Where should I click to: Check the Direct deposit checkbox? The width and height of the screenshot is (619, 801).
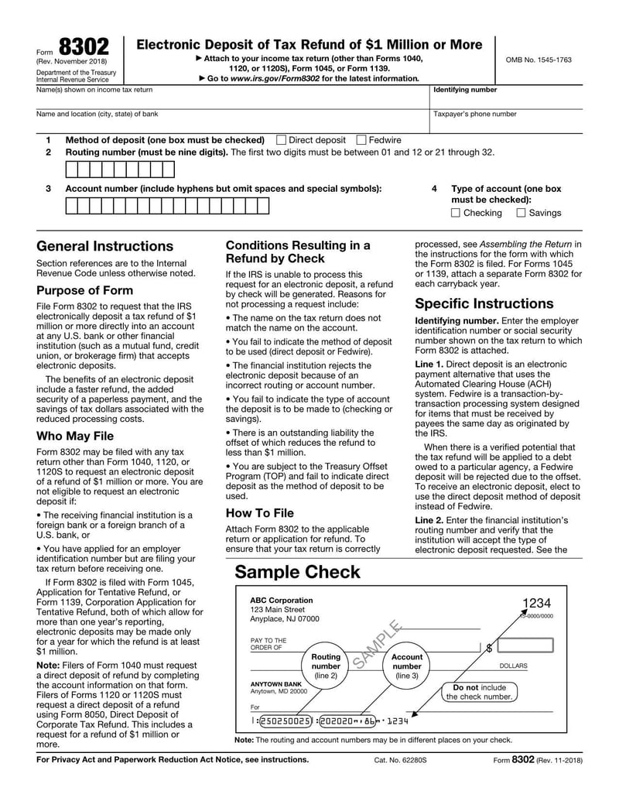[282, 140]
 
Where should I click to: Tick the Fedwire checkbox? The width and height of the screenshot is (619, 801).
[361, 140]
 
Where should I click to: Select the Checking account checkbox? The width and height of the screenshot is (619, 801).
[455, 213]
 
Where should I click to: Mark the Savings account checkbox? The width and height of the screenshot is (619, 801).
[521, 213]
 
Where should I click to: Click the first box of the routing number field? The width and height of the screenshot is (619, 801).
[72, 169]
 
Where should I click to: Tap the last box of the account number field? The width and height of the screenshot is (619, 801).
[263, 206]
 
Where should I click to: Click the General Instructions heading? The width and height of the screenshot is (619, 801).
[104, 246]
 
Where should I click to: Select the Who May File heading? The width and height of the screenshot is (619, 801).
[75, 436]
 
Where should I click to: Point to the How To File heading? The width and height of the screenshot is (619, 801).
[259, 512]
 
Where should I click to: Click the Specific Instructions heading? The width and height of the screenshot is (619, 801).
[484, 303]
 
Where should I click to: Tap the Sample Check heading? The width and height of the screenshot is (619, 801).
[297, 572]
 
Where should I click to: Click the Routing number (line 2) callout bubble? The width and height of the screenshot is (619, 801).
[326, 666]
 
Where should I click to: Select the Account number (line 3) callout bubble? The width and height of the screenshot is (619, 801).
[407, 666]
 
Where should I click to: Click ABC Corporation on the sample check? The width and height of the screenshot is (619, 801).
[282, 600]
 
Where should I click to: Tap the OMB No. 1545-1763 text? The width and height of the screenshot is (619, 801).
[539, 60]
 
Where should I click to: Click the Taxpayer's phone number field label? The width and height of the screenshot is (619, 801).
[474, 114]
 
